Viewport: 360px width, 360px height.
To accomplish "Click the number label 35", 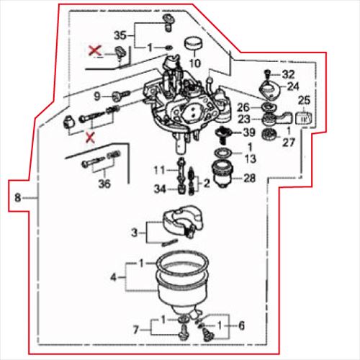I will point(120,35).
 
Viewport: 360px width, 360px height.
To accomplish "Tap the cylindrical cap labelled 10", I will point(192,45).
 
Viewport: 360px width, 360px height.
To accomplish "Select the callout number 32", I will point(288,74).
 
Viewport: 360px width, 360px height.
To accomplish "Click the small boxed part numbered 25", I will point(303,117).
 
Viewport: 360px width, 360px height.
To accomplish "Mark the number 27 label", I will point(289,143).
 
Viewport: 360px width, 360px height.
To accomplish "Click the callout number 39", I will point(248,132).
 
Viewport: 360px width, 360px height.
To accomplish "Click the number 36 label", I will point(104,184).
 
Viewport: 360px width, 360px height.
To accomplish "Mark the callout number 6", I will point(240,325).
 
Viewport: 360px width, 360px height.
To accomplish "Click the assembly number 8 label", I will point(17,196).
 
